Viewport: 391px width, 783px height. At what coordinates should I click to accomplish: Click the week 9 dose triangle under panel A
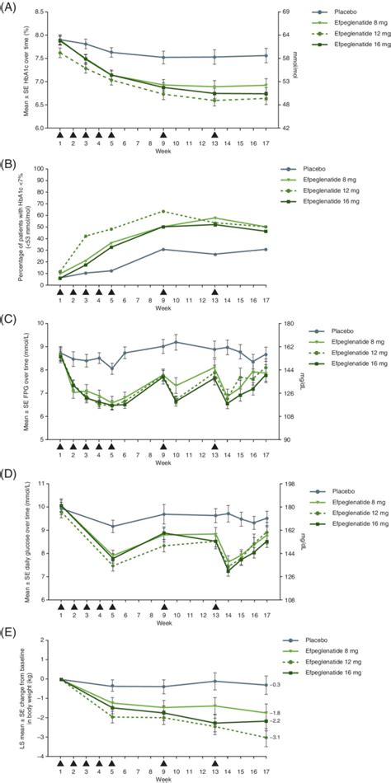click(163, 134)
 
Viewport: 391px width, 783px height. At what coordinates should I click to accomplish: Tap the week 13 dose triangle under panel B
click(215, 293)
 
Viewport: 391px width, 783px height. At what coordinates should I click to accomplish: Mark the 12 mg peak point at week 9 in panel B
click(163, 212)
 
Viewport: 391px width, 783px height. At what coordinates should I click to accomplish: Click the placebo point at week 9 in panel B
click(163, 249)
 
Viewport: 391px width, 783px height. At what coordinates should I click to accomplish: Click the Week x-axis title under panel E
click(163, 779)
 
